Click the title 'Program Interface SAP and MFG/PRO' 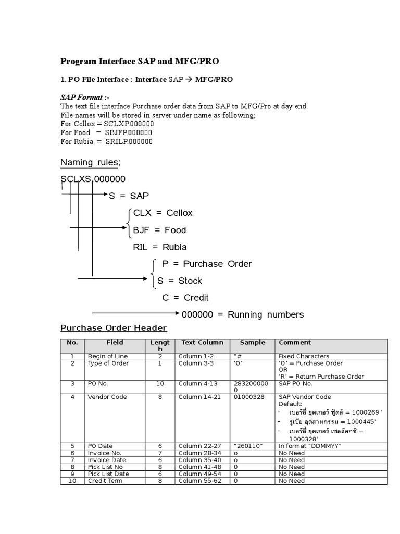(140, 62)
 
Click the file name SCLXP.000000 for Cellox (129, 124)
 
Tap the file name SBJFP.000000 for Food (129, 132)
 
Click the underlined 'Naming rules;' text (90, 163)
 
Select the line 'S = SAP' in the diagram (129, 196)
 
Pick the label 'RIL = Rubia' (160, 247)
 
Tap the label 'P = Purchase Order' (207, 264)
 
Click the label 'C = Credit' (185, 298)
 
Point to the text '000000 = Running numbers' (242, 314)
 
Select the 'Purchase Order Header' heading (114, 328)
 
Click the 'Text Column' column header (202, 343)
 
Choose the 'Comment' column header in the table (295, 343)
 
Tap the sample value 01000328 (249, 397)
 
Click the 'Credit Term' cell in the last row (105, 481)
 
